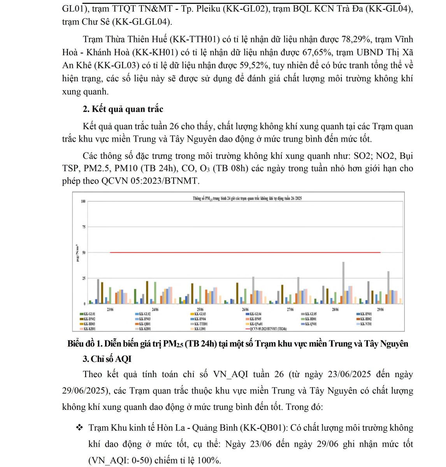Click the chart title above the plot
click(247, 198)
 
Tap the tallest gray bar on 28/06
click(343, 282)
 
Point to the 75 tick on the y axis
click(84, 227)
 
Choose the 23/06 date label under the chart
click(110, 309)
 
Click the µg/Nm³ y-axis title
click(77, 253)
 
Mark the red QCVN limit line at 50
click(245, 253)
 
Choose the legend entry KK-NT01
click(366, 324)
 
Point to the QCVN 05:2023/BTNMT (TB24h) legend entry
click(268, 329)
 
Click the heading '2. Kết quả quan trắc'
click(123, 109)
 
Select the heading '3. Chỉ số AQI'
click(107, 359)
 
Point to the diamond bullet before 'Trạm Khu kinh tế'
click(80, 428)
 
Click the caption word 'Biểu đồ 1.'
click(84, 344)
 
